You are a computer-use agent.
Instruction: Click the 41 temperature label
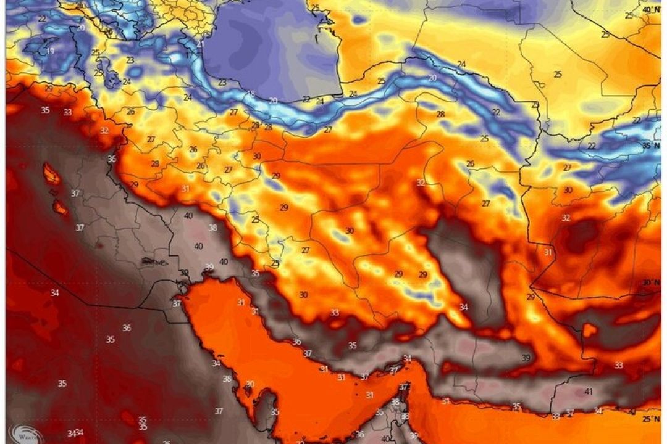588,392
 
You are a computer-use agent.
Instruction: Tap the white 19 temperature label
49,51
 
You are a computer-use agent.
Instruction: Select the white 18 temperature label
250,94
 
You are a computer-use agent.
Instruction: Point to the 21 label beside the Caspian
200,44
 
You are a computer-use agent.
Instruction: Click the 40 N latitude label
650,10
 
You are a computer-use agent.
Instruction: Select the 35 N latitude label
650,146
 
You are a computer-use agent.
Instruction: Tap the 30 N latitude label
650,282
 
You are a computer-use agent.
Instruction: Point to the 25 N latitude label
650,419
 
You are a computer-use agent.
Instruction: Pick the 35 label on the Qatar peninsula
275,412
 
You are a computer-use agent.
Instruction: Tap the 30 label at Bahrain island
250,384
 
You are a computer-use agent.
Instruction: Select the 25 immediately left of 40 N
629,15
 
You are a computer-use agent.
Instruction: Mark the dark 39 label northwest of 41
526,358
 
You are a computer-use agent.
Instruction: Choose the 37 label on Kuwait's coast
177,303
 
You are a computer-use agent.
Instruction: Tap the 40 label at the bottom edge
385,439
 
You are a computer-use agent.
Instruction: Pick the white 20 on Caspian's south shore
273,100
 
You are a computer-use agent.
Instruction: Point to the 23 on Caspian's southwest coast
222,82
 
